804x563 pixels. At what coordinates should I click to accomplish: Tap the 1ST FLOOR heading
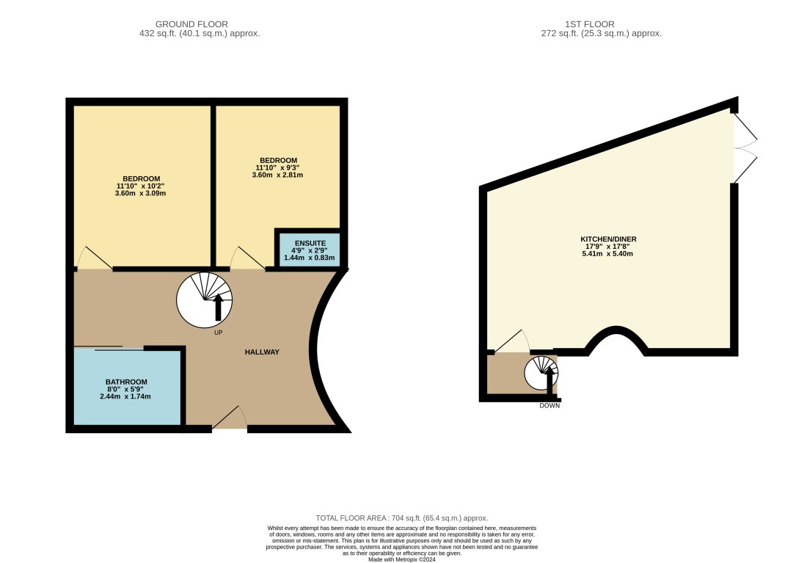(x=599, y=24)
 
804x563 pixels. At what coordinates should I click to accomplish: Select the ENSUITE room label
(x=309, y=243)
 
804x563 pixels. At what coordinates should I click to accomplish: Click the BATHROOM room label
(x=126, y=382)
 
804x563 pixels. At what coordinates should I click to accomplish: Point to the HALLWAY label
(x=262, y=352)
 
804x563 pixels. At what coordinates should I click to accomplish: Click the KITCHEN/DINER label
(x=606, y=239)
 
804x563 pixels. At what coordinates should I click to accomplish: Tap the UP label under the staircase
(x=218, y=333)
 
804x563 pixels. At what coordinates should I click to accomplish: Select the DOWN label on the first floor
(x=549, y=405)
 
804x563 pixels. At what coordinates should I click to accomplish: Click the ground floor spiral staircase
(x=205, y=300)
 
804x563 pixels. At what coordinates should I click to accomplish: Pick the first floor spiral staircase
(x=541, y=372)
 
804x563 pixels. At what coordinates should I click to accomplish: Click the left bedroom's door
(x=93, y=258)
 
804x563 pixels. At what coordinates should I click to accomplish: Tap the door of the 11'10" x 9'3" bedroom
(x=248, y=258)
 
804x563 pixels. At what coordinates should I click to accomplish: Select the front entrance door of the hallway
(x=230, y=418)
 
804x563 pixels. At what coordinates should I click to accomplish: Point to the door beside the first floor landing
(x=511, y=341)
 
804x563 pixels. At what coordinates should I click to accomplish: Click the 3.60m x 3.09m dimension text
(x=141, y=194)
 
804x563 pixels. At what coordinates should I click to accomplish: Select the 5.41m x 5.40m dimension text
(x=606, y=254)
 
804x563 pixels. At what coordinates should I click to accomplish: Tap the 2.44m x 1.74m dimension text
(x=125, y=396)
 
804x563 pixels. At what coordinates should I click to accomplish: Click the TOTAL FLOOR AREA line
(x=401, y=517)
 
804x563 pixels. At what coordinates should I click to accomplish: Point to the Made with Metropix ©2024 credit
(x=401, y=559)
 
